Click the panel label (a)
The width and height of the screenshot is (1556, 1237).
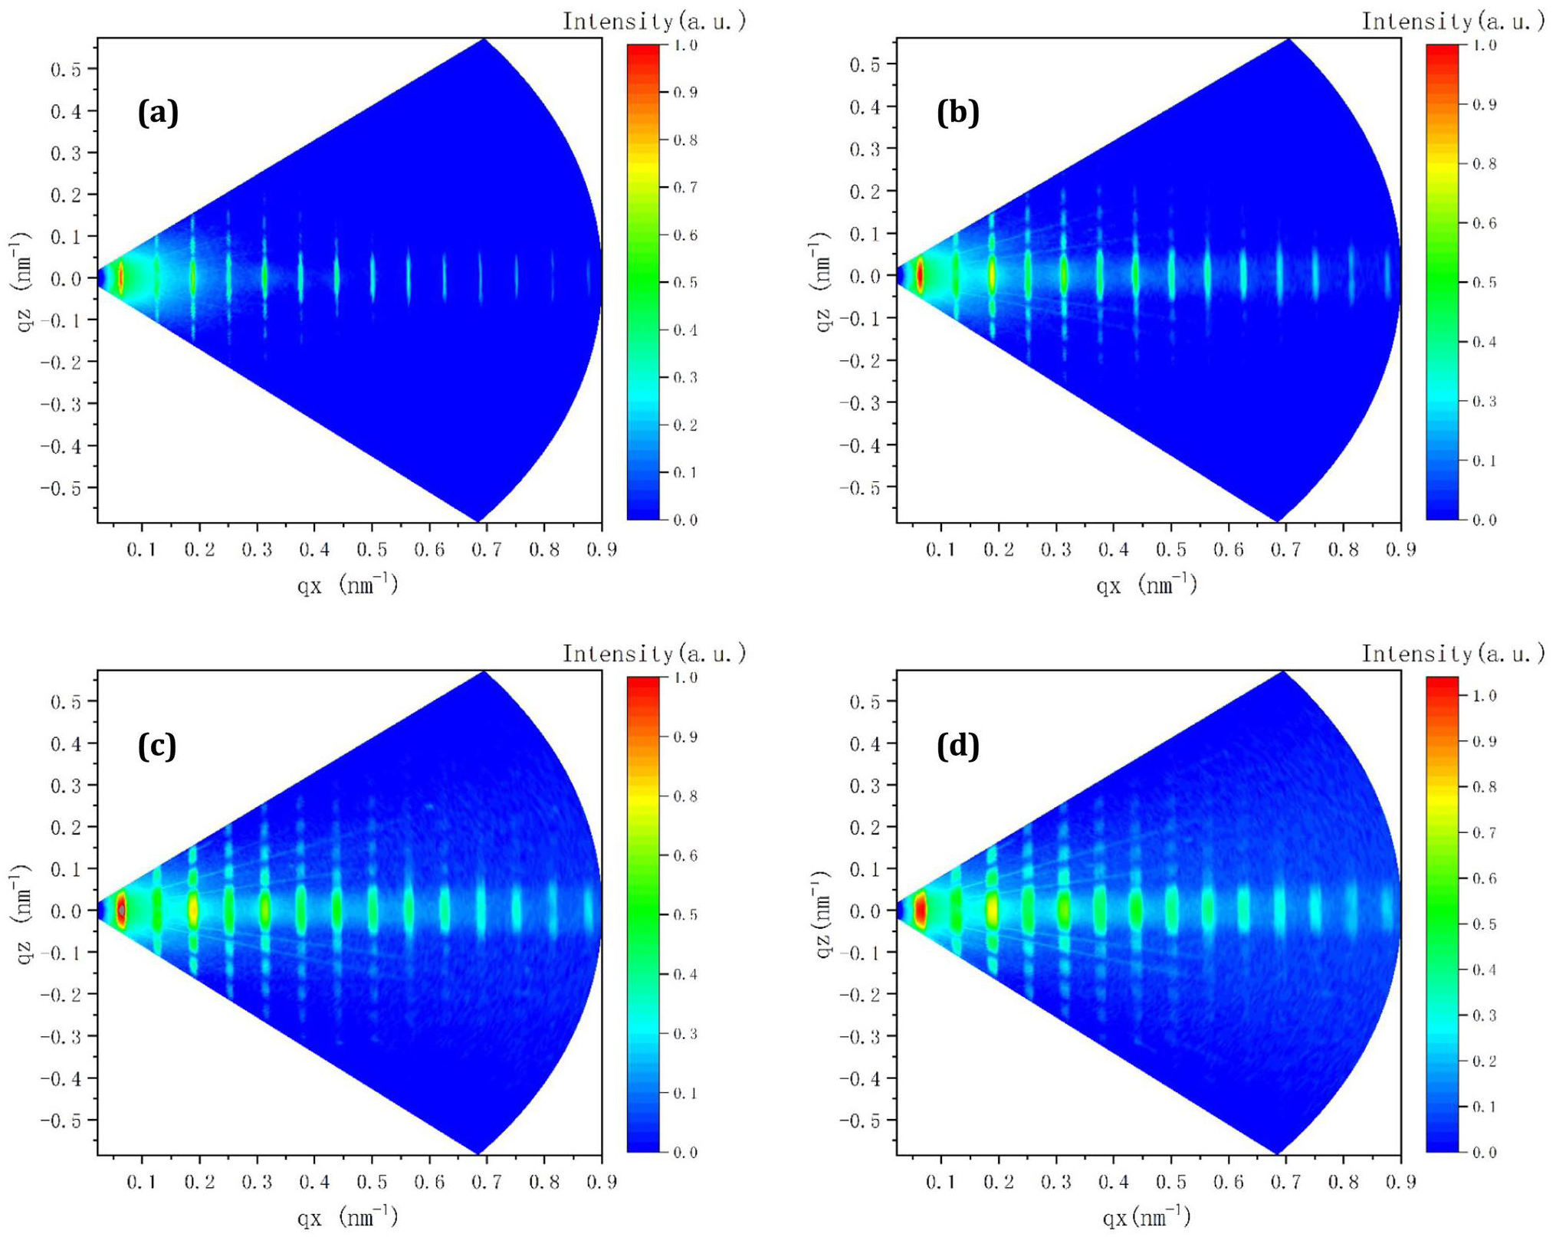(158, 113)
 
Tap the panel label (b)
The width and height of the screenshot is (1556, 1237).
(957, 113)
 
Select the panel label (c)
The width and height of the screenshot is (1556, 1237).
(157, 746)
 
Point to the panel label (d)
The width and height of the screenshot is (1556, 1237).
(957, 746)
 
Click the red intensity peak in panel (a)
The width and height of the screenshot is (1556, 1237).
(120, 278)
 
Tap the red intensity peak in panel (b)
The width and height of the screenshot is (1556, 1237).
(920, 276)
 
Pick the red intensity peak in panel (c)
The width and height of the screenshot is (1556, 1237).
(121, 910)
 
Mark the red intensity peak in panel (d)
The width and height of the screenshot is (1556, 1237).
(921, 911)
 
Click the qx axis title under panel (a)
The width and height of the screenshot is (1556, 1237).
(347, 586)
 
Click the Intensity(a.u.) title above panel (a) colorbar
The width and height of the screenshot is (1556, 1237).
(654, 21)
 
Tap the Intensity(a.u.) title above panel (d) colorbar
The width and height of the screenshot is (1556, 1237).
(1453, 654)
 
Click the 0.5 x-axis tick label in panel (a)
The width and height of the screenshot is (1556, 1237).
(371, 550)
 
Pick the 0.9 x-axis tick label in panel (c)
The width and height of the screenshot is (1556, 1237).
(602, 1182)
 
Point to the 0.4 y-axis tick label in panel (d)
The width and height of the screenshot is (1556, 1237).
(865, 743)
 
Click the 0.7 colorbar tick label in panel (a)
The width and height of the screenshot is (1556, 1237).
(685, 188)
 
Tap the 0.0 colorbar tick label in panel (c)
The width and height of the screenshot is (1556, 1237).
(685, 1152)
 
